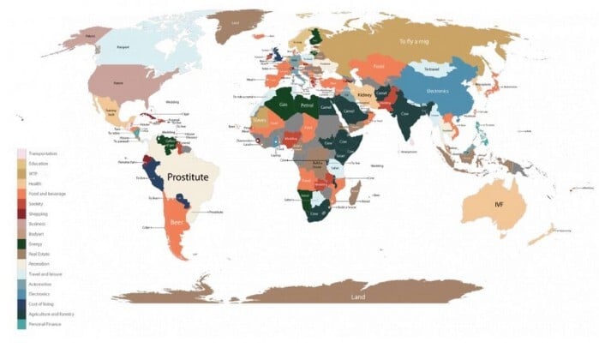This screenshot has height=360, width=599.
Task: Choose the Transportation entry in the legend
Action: [x=44, y=153]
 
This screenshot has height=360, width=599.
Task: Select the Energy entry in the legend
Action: [x=37, y=244]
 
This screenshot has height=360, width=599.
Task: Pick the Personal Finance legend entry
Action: [x=45, y=325]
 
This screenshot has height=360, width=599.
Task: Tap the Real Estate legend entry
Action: [x=40, y=255]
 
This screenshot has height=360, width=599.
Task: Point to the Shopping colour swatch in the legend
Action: [x=21, y=214]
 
